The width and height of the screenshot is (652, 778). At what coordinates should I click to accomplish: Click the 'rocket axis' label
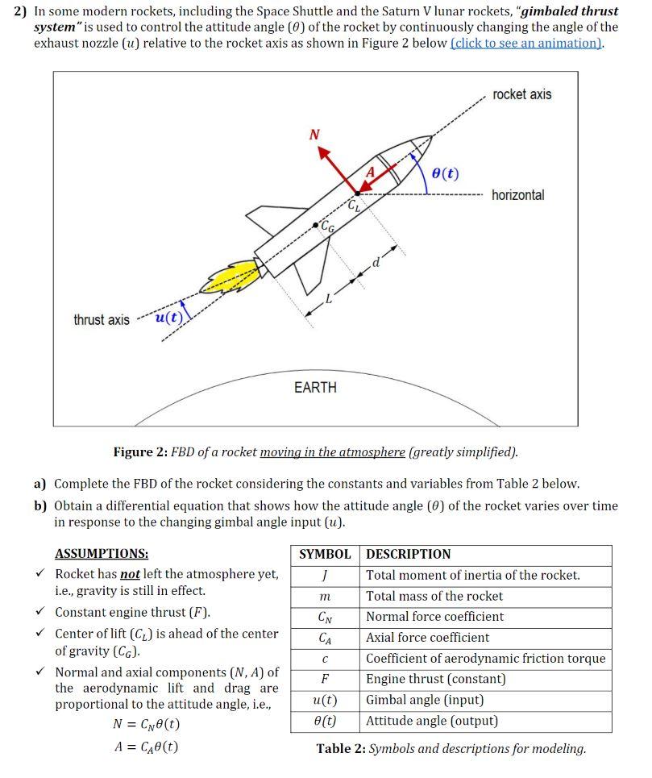tap(521, 94)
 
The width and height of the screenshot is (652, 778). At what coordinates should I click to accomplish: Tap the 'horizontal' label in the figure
tap(517, 195)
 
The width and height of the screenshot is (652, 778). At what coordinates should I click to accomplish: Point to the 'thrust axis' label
tap(102, 320)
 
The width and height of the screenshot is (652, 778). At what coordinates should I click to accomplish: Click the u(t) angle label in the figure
tap(167, 317)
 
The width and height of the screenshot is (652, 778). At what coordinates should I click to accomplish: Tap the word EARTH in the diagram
tap(315, 388)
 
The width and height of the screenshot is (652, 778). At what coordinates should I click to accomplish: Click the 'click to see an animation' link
tap(526, 43)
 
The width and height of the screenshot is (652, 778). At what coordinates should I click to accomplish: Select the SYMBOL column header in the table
tap(325, 555)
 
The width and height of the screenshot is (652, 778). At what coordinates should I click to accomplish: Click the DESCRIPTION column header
tap(409, 555)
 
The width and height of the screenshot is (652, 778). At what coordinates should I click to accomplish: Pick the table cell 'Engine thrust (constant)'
tap(436, 679)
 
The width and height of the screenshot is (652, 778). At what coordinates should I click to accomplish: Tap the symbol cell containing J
tap(323, 576)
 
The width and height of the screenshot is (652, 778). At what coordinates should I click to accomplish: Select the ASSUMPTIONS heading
tap(102, 554)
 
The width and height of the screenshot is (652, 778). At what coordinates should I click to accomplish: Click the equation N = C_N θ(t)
tap(146, 723)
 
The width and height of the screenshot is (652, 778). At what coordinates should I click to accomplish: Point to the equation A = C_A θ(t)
tap(146, 747)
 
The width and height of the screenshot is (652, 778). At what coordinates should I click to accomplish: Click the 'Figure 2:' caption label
tap(140, 451)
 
